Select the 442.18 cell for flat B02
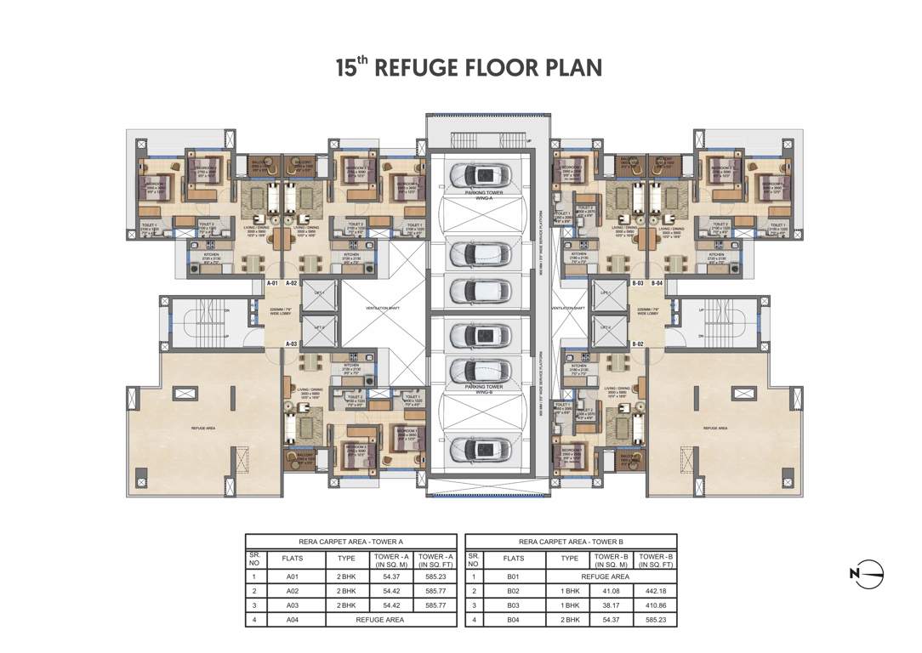click(x=655, y=591)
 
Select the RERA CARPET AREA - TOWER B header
click(x=571, y=541)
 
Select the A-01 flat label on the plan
click(x=273, y=282)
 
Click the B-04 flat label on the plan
click(x=657, y=282)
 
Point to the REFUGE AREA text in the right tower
click(x=714, y=429)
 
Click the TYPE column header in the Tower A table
click(x=346, y=559)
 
